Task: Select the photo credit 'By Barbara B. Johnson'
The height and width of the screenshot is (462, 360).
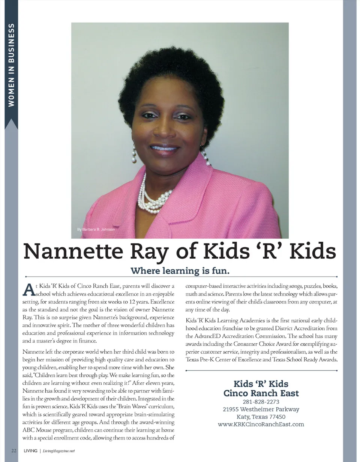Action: (x=96, y=229)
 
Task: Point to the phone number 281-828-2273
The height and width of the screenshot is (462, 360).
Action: (x=261, y=402)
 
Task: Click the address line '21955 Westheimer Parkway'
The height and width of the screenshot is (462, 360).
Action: (x=261, y=409)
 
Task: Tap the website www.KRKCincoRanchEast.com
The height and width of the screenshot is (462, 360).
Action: (x=261, y=424)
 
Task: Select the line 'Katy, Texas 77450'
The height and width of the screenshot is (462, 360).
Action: (x=261, y=417)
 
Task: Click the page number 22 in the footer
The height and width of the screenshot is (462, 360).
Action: (x=13, y=451)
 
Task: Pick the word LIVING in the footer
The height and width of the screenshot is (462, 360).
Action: (x=30, y=451)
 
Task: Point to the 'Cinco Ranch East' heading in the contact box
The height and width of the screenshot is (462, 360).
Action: (x=261, y=393)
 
